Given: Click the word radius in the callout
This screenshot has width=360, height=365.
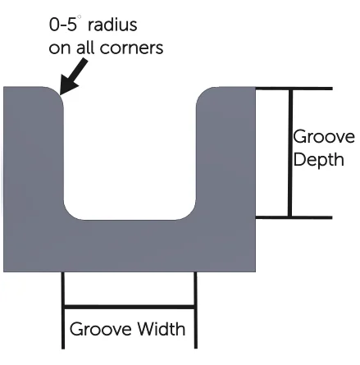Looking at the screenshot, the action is pyautogui.click(x=112, y=25).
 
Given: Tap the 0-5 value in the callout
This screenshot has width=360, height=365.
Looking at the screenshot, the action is pyautogui.click(x=63, y=25).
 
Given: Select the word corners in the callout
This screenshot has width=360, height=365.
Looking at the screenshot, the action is pyautogui.click(x=131, y=48).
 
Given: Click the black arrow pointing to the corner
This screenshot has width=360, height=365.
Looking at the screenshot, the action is pyautogui.click(x=73, y=78).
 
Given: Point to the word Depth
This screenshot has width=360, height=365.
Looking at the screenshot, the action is pyautogui.click(x=319, y=160).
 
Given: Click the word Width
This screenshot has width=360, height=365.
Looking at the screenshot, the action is pyautogui.click(x=161, y=329).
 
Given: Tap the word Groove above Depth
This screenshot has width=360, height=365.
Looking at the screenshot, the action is pyautogui.click(x=324, y=136).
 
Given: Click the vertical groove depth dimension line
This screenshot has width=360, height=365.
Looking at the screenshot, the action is pyautogui.click(x=290, y=153).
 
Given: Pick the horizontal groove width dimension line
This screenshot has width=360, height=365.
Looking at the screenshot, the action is pyautogui.click(x=129, y=307).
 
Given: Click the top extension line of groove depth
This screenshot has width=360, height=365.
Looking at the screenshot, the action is pyautogui.click(x=294, y=89).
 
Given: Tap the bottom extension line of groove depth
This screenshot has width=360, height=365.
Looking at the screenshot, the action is pyautogui.click(x=294, y=217).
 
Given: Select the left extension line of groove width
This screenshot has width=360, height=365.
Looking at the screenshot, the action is pyautogui.click(x=63, y=310).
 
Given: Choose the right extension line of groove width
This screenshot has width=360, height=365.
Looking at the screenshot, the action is pyautogui.click(x=195, y=310).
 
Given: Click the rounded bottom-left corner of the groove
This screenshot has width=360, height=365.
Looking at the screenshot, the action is pyautogui.click(x=69, y=214).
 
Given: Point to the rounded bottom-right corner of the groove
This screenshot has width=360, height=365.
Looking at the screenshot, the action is pyautogui.click(x=189, y=214).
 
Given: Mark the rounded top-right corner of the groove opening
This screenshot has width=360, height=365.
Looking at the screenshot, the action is pyautogui.click(x=202, y=93).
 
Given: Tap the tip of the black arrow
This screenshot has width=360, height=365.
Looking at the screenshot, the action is pyautogui.click(x=60, y=94).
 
